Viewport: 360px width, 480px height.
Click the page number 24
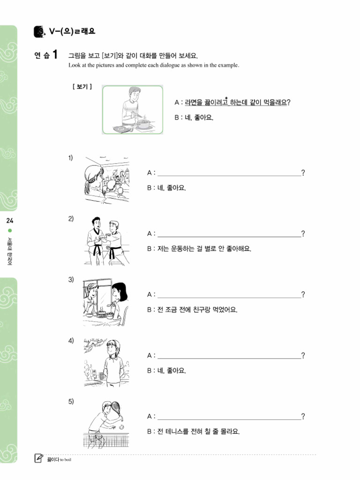[x=10, y=221]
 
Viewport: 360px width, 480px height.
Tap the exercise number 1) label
[x=71, y=158]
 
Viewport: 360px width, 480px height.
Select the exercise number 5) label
[x=71, y=402]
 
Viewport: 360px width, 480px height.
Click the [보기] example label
[x=82, y=87]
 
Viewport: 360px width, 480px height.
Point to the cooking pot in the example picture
[x=144, y=123]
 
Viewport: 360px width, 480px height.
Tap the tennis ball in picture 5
[x=121, y=427]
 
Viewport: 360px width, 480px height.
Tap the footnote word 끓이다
[x=52, y=459]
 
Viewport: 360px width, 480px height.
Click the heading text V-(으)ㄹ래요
[x=72, y=32]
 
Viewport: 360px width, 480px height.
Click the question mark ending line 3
[x=303, y=295]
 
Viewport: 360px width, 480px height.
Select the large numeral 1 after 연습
[x=55, y=55]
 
